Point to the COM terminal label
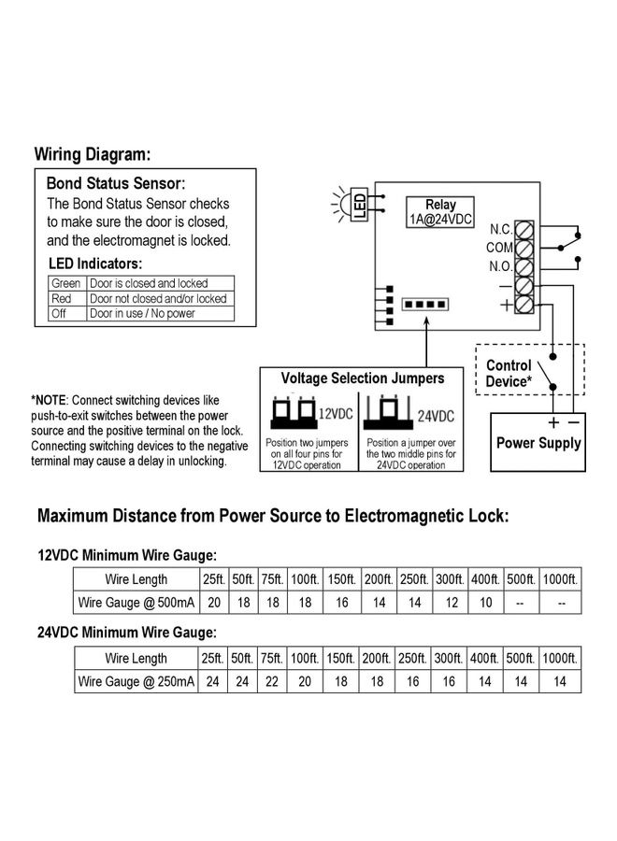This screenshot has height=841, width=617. (x=500, y=248)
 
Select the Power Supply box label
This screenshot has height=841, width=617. (x=538, y=443)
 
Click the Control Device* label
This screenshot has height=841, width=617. (x=509, y=374)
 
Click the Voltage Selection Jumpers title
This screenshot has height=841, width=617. (x=363, y=379)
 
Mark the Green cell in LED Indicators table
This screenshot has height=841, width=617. (x=66, y=283)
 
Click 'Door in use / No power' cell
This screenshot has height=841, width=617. (x=142, y=314)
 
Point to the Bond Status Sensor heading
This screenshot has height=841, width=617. (x=116, y=184)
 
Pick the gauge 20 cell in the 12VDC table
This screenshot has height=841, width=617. (x=212, y=603)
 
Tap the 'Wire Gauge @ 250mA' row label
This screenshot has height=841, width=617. (x=136, y=682)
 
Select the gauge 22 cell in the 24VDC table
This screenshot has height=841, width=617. (x=272, y=682)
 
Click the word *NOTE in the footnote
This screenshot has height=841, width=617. (x=49, y=399)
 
